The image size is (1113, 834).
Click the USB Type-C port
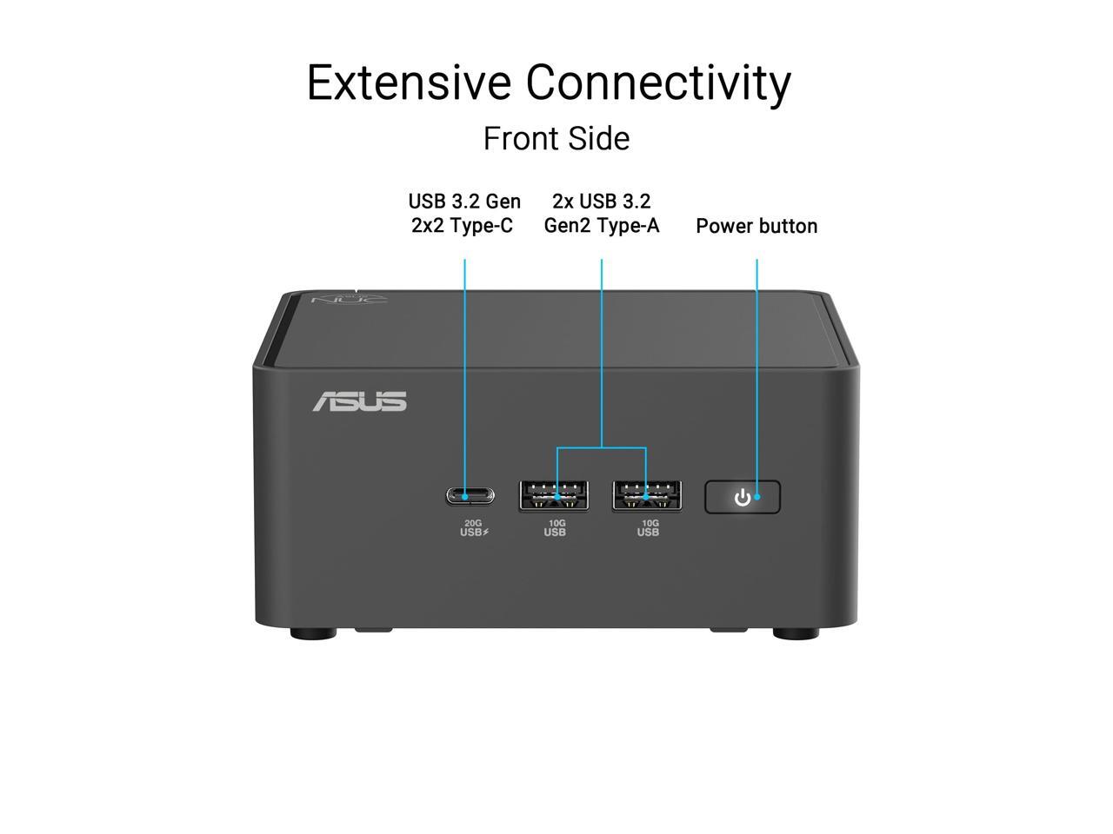[x=470, y=496]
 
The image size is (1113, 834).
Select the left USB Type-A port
[x=554, y=496]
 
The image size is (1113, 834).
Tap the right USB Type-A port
[x=647, y=496]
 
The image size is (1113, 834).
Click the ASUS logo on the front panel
[x=359, y=401]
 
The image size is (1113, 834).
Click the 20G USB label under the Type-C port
[x=474, y=527]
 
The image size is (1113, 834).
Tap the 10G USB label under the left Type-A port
[x=555, y=527]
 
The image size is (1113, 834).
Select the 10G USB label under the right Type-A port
[x=648, y=527]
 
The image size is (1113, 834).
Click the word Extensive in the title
[x=409, y=83]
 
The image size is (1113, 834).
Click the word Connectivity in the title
[x=658, y=83]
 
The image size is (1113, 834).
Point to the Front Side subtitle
[x=556, y=138]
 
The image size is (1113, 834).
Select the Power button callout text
[x=756, y=226]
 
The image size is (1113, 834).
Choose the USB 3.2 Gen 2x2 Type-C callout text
[x=464, y=214]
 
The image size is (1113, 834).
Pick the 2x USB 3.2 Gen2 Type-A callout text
[x=602, y=214]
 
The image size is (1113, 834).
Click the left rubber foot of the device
[x=313, y=633]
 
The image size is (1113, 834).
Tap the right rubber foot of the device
[x=796, y=633]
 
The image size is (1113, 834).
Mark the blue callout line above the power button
[x=756, y=365]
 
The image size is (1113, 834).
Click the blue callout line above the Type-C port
[x=464, y=365]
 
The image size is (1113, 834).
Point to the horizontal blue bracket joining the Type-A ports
[x=602, y=448]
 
